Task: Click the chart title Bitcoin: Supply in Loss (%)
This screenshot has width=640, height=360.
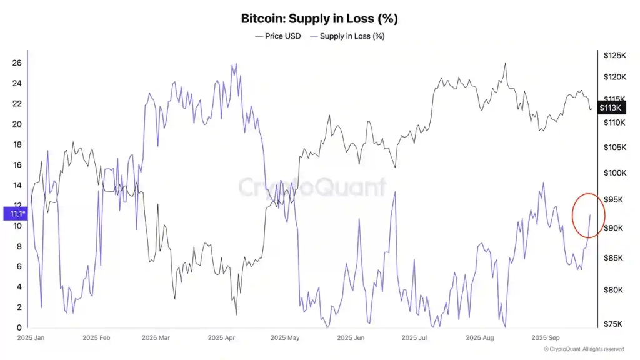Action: pos(319,19)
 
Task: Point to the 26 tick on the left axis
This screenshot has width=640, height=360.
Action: pos(17,63)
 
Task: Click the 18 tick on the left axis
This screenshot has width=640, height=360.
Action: pos(17,144)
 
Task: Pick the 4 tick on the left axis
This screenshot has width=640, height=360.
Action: pos(19,287)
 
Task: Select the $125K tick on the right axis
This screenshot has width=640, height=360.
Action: pos(614,56)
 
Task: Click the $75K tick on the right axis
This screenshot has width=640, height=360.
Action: pos(614,323)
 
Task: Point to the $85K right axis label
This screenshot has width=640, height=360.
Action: pos(614,258)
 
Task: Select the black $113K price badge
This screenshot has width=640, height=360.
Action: pos(610,107)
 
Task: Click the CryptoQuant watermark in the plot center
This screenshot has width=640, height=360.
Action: pos(312,186)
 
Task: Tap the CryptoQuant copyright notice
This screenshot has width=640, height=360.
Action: pos(584,349)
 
